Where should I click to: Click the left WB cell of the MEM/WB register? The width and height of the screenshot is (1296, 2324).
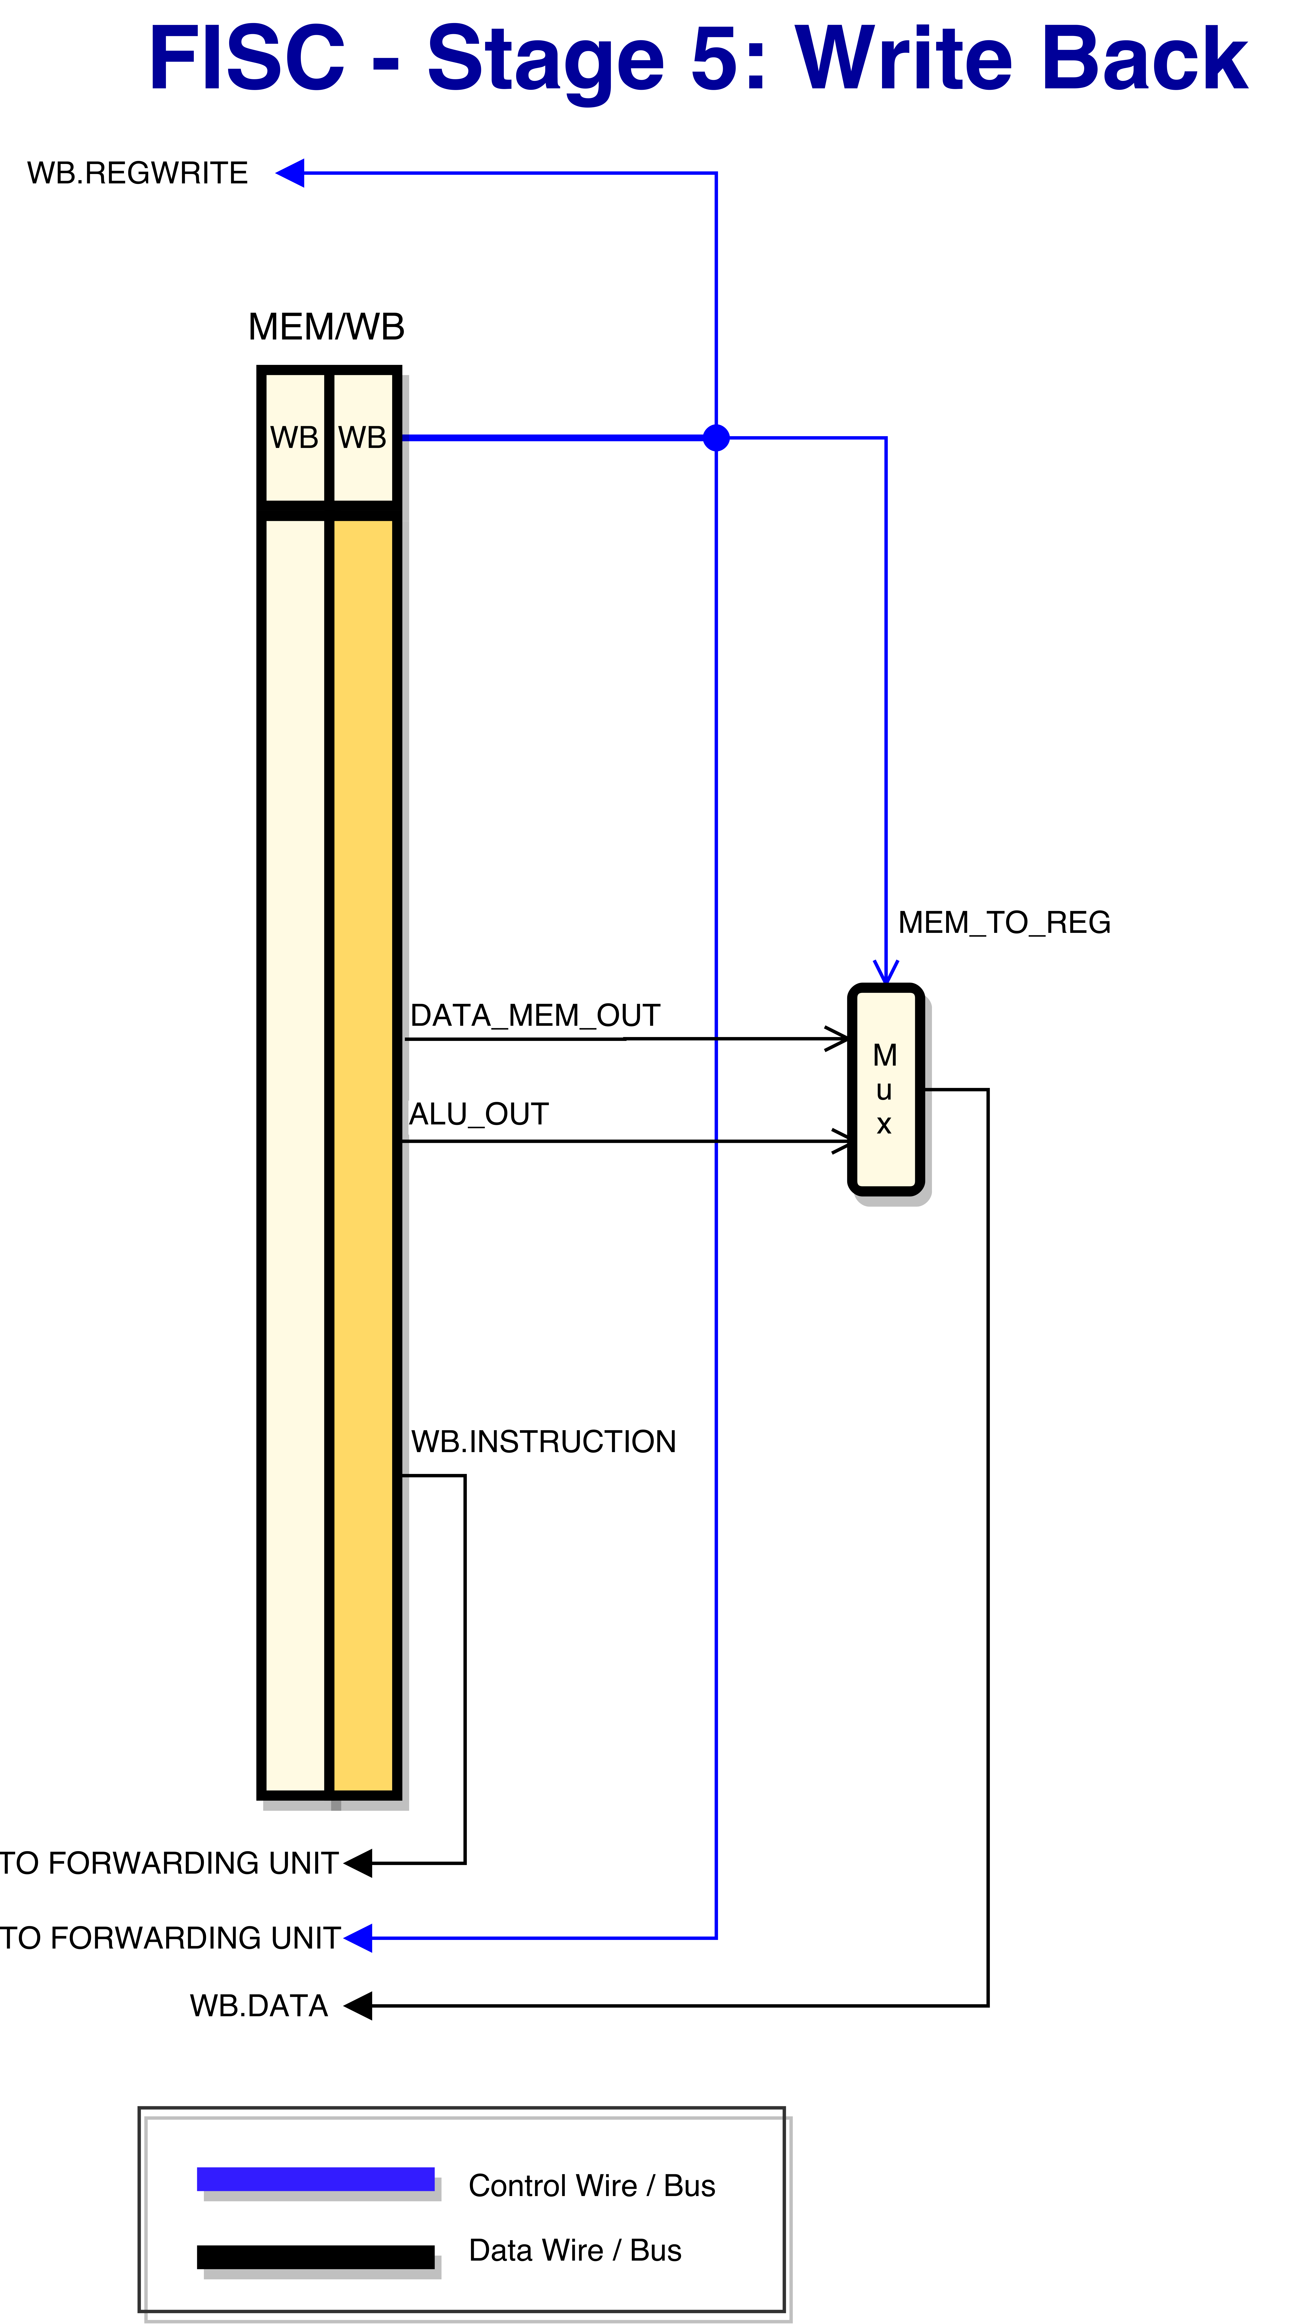coord(294,438)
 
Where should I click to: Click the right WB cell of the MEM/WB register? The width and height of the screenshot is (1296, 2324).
coord(363,438)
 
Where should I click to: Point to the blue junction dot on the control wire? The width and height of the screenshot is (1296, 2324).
coord(716,438)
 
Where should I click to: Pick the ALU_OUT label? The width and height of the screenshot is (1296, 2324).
coord(478,1114)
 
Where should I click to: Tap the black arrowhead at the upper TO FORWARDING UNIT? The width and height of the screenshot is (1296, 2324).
coord(357,1863)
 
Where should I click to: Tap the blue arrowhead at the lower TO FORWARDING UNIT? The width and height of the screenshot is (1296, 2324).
coord(357,1938)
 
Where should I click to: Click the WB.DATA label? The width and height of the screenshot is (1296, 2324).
coord(259,2005)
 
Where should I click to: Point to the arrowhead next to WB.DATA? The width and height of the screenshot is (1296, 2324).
coord(357,2005)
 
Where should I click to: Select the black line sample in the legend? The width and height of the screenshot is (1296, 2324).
coord(316,2256)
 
